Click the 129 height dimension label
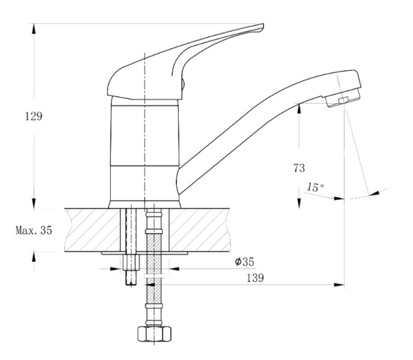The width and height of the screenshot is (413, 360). point(33,116)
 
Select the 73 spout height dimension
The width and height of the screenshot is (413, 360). point(299,168)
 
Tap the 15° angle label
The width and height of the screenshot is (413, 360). point(315,187)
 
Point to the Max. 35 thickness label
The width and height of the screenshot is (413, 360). point(34,230)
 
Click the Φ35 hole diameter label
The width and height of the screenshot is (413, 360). point(244,262)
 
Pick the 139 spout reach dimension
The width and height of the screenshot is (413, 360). point(255,278)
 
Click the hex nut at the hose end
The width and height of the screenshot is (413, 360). point(154,334)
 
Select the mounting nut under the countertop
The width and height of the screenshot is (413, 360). point(131,262)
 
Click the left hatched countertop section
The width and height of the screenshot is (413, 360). point(93,230)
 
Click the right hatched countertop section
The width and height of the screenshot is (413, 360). point(200,230)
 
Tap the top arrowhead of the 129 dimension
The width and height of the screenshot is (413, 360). point(33,29)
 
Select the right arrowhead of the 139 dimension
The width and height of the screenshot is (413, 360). point(339,285)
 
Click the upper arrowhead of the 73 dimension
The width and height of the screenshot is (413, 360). point(299,108)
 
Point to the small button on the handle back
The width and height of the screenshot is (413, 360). point(184,84)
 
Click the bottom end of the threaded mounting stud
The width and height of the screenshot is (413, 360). point(131,285)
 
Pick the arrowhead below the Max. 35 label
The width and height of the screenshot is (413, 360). point(33,257)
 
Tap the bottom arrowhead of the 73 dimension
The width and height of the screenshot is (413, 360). point(299,203)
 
